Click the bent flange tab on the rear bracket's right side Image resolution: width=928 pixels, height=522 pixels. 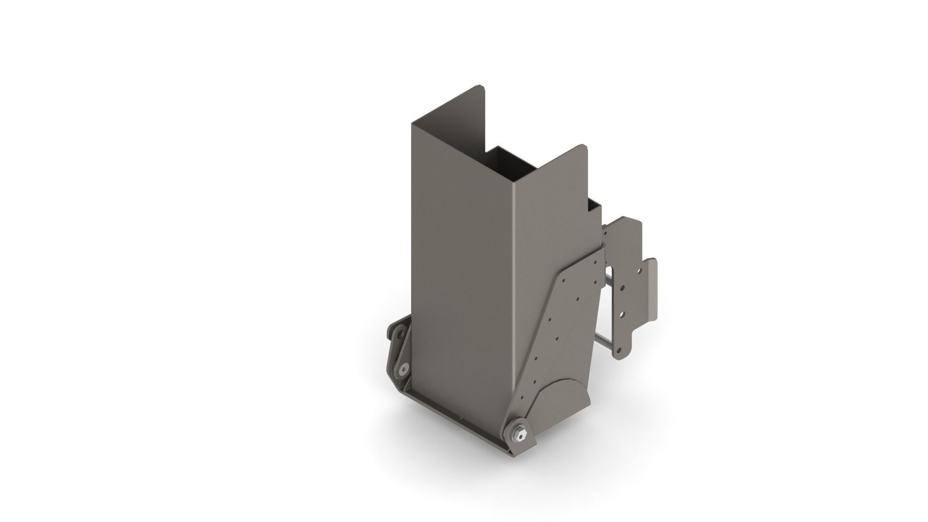(652, 290)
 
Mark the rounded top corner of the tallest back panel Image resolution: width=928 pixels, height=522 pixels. (481, 88)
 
